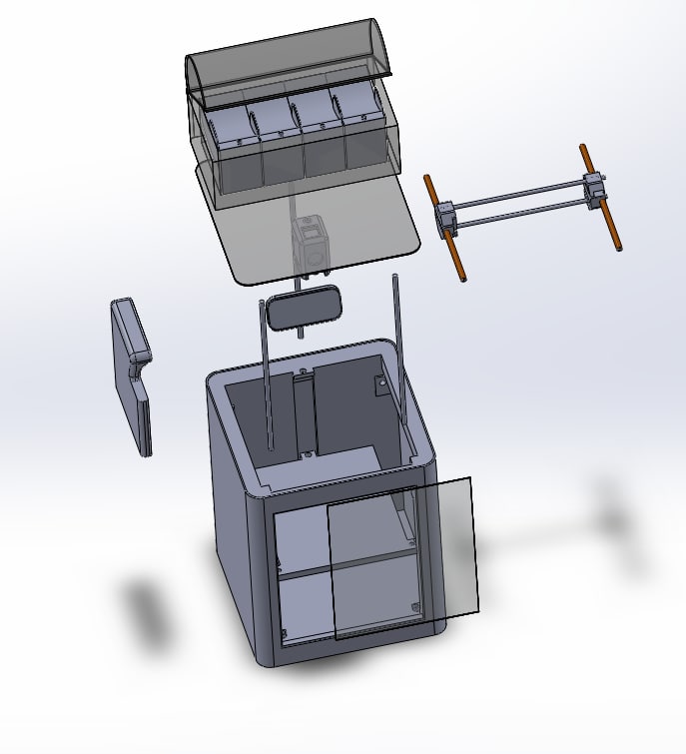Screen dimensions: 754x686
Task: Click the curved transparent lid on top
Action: click(x=290, y=60)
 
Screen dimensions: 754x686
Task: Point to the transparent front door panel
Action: click(x=404, y=559)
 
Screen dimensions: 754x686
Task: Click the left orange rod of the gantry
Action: click(x=446, y=230)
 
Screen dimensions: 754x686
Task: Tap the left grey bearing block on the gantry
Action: click(x=445, y=218)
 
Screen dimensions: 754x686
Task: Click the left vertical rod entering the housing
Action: click(x=267, y=389)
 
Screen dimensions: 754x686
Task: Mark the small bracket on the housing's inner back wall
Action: click(x=380, y=383)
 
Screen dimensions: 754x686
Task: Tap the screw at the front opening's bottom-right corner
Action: click(x=415, y=608)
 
